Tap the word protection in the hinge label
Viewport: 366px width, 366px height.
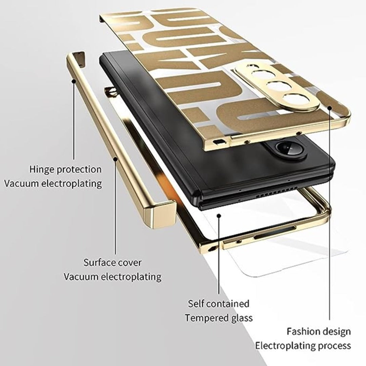pos(79,169)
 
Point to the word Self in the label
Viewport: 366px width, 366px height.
pos(196,303)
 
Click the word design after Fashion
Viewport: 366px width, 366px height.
pos(336,331)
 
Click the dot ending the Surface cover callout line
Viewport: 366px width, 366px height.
pos(116,158)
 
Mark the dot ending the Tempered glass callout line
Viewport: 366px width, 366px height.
pos(220,215)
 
